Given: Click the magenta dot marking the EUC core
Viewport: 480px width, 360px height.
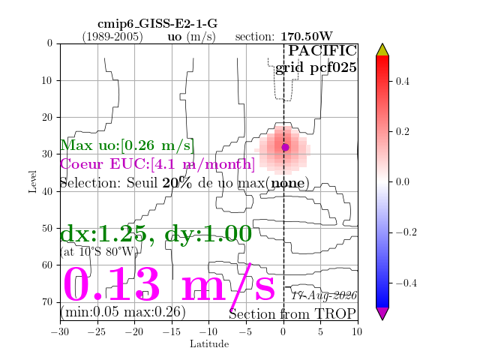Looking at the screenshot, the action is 285,147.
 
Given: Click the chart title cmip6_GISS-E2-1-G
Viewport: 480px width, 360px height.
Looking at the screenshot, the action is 157,24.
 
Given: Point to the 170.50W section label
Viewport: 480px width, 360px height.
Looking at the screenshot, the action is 307,37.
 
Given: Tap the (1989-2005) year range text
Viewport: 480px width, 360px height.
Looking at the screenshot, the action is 112,37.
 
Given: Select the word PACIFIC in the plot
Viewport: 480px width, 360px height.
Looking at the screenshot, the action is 322,51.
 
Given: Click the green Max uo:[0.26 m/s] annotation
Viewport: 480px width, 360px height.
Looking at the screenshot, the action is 127,145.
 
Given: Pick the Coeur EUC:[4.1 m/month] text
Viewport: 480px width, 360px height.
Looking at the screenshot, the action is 157,163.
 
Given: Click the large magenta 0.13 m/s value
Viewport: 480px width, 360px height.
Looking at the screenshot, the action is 169,284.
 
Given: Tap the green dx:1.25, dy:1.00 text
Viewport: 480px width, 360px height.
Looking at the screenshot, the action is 156,233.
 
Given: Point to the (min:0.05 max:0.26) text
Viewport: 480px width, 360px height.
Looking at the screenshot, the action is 123,312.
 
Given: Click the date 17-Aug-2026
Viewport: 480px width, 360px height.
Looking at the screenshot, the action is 324,295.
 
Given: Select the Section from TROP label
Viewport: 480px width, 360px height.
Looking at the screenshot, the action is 292,314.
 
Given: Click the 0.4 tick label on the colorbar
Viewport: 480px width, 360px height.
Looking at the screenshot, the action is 402,82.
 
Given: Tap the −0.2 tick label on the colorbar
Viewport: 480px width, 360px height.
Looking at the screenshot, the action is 406,232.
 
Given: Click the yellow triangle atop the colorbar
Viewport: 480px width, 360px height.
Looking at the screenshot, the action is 382,50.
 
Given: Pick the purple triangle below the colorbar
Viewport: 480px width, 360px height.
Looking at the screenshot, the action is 382,313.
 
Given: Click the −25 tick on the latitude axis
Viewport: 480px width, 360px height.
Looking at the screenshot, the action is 97,331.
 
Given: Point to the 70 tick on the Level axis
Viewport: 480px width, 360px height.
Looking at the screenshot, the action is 47,302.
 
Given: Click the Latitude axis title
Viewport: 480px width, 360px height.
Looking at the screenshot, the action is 209,344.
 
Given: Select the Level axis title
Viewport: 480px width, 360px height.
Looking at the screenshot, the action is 32,181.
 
